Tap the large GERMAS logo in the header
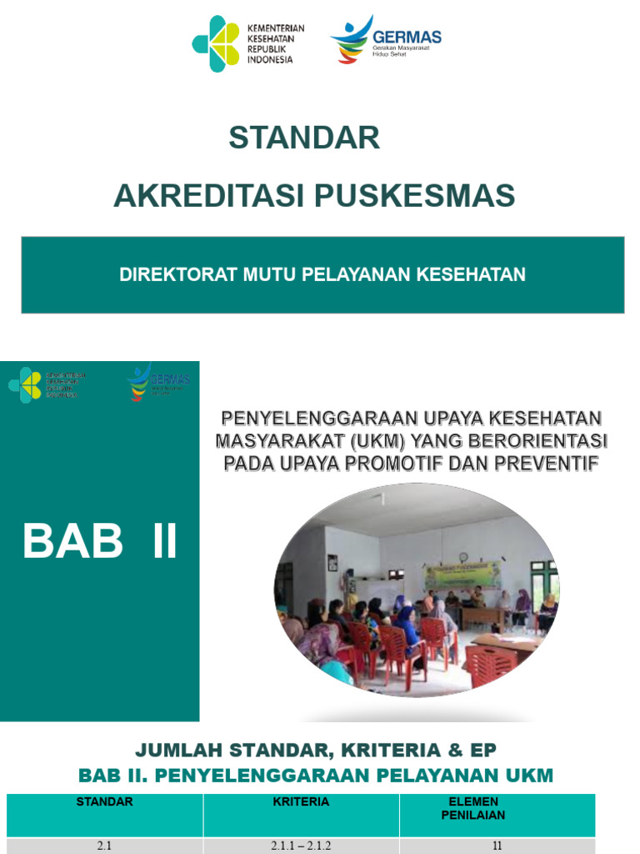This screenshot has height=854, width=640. point(385,39)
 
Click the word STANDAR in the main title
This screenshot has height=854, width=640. point(304,138)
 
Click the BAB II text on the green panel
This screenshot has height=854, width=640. point(100,541)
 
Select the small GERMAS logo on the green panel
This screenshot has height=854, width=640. point(158,381)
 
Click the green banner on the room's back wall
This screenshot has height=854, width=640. point(463,575)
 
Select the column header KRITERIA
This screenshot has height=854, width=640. point(301,802)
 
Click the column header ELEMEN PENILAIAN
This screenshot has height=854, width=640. point(497,808)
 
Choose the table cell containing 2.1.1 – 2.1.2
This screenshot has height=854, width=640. point(301,845)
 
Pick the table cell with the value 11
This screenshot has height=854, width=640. point(497,845)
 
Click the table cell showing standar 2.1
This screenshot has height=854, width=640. point(105,845)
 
